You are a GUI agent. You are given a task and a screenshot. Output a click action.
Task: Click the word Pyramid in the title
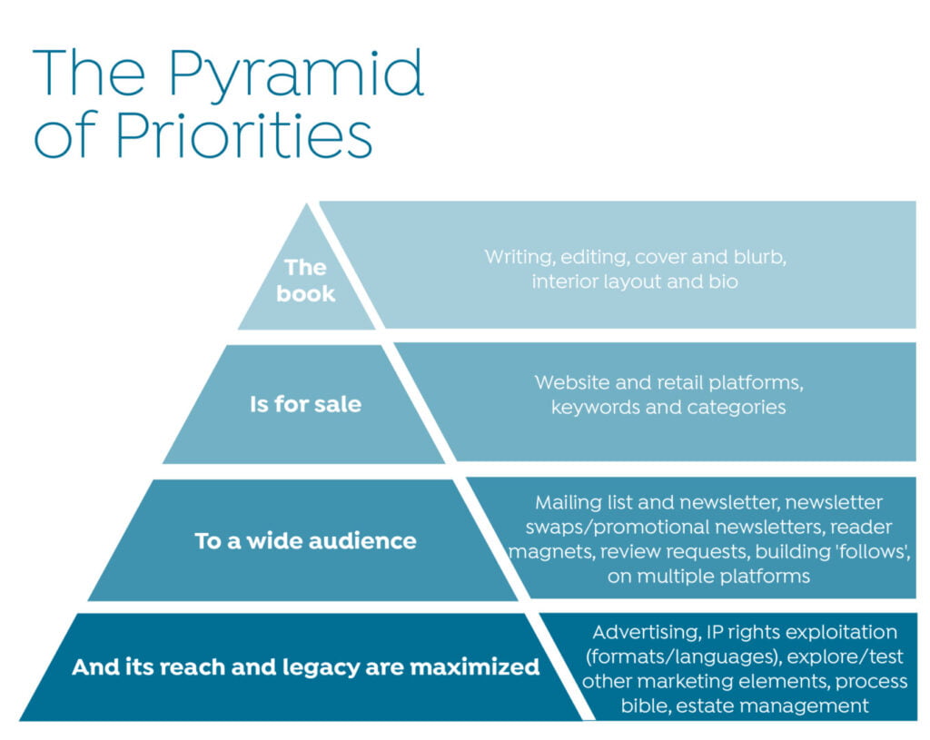click(296, 74)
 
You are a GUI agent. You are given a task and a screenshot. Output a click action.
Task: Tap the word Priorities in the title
click(243, 134)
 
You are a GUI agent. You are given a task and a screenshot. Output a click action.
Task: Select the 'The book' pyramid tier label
click(305, 281)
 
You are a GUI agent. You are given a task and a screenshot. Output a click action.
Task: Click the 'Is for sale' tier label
click(305, 404)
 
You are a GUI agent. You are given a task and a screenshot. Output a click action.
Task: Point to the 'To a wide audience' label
click(305, 541)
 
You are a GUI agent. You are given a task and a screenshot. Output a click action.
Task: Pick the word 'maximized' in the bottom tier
click(474, 667)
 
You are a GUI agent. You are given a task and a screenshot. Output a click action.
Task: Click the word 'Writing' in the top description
click(520, 257)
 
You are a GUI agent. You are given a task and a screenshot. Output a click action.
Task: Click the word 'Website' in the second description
click(572, 382)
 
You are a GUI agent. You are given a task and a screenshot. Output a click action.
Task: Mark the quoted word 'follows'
click(872, 551)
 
